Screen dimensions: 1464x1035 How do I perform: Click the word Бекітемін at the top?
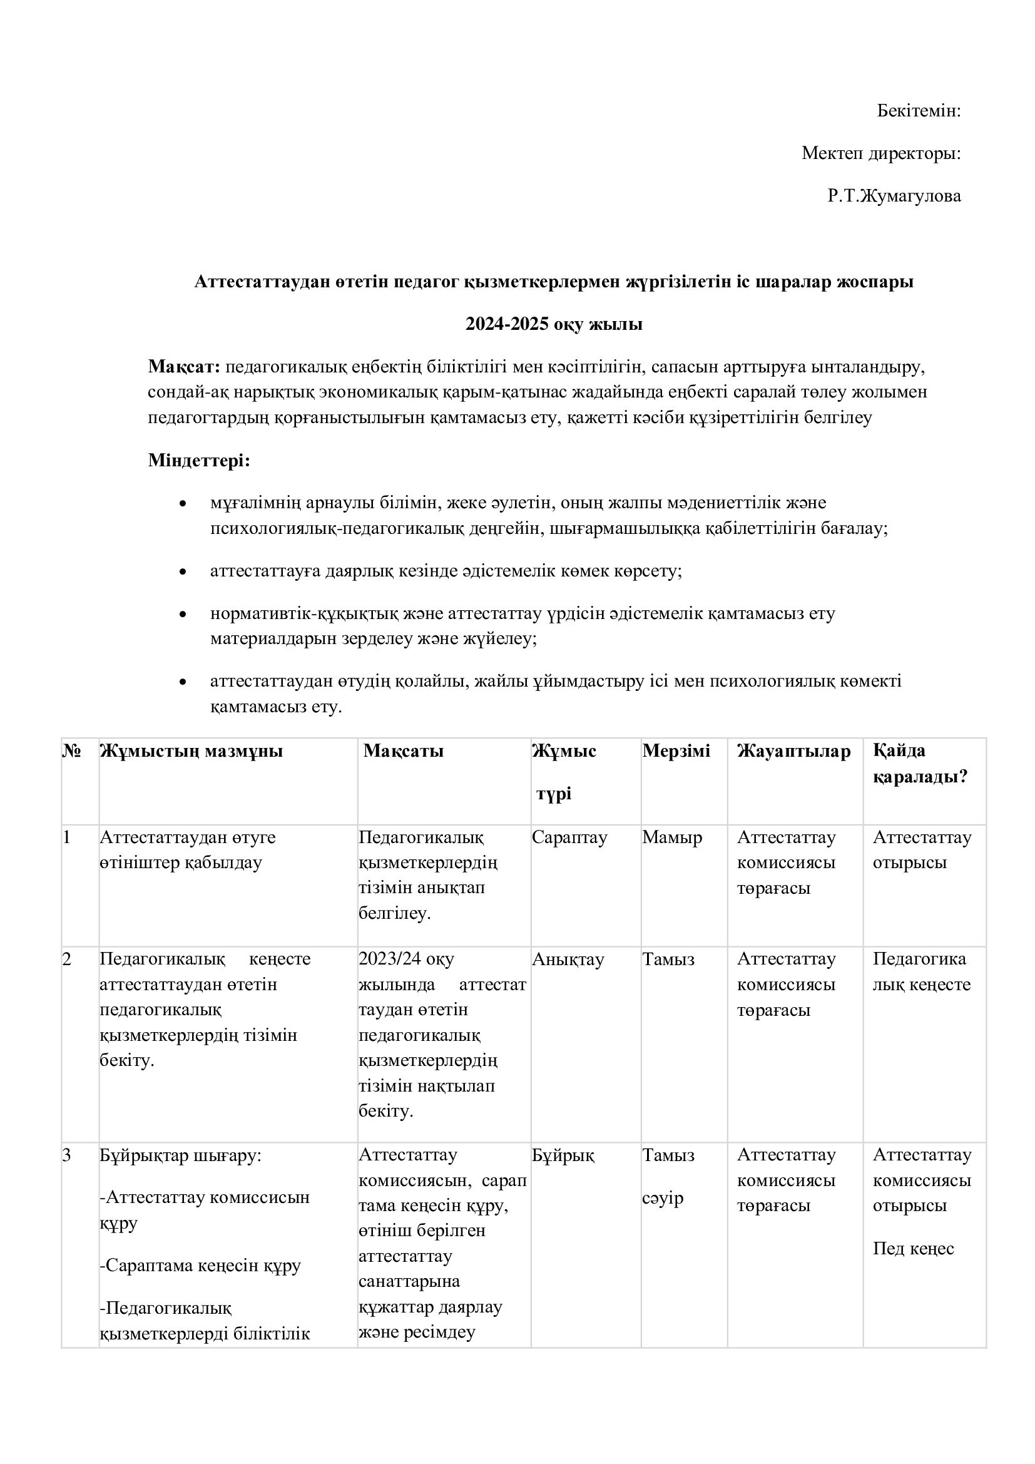pos(918,111)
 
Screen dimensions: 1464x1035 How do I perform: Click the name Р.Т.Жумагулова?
pos(894,196)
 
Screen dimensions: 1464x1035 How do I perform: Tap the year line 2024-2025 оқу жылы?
pos(553,324)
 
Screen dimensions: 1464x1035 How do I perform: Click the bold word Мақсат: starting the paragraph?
pos(184,367)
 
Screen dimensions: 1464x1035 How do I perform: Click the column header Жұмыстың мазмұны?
pos(191,751)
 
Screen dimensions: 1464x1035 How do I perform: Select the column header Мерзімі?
pos(676,750)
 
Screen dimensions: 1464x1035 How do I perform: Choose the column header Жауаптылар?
pos(793,751)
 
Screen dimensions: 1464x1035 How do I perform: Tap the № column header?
pos(71,751)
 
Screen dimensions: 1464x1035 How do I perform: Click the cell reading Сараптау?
pos(569,837)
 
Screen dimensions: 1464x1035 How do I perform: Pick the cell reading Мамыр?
pos(671,837)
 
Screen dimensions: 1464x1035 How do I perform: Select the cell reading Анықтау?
pos(567,960)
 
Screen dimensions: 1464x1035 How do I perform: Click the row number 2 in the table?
pos(67,960)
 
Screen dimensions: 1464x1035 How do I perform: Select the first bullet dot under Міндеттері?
pos(183,504)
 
